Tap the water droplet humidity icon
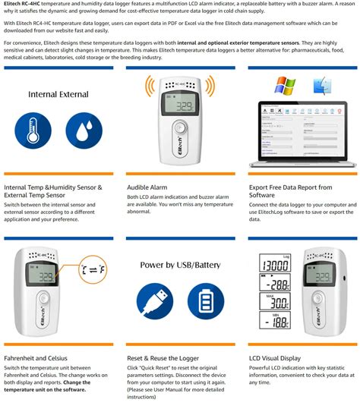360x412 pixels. (x=84, y=131)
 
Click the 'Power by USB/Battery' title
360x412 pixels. (x=178, y=265)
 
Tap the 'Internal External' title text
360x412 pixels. (x=59, y=95)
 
